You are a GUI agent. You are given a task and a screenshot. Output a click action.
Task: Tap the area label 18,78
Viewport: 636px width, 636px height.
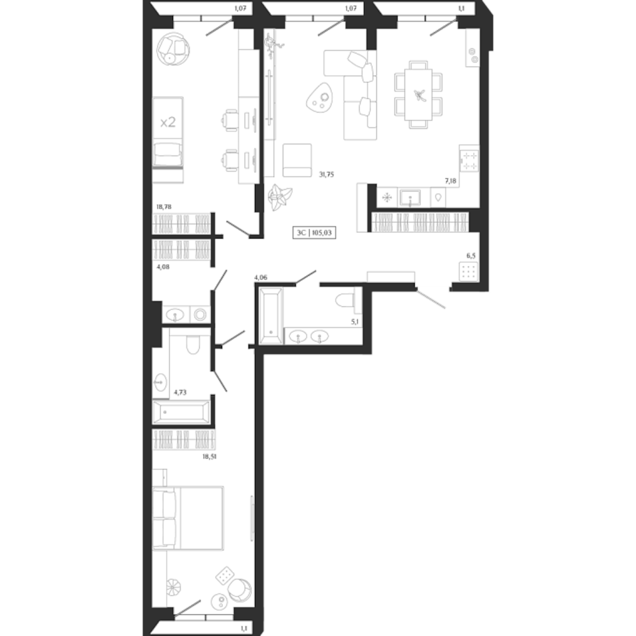click(x=164, y=206)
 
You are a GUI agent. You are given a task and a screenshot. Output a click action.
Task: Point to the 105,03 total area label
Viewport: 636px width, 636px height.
click(x=323, y=233)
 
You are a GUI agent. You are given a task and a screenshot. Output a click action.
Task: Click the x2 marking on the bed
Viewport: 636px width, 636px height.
click(x=168, y=122)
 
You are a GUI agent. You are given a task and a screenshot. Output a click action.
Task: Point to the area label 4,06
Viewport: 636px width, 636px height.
click(x=262, y=277)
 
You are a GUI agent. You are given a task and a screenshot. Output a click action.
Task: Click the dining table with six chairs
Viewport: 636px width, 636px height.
click(x=418, y=94)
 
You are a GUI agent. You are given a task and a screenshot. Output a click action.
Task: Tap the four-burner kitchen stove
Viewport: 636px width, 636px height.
click(x=469, y=159)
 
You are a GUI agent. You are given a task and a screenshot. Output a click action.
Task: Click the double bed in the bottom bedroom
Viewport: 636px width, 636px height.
click(x=189, y=517)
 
